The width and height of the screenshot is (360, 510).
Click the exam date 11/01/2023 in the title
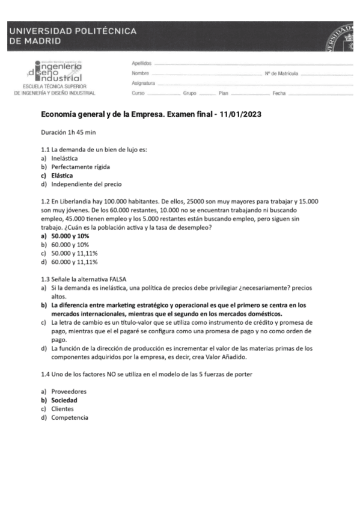[x=241, y=114]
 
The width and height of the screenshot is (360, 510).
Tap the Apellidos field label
[x=141, y=63]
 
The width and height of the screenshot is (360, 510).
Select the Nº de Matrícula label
[x=281, y=73]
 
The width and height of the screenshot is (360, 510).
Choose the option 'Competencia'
[x=70, y=417]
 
